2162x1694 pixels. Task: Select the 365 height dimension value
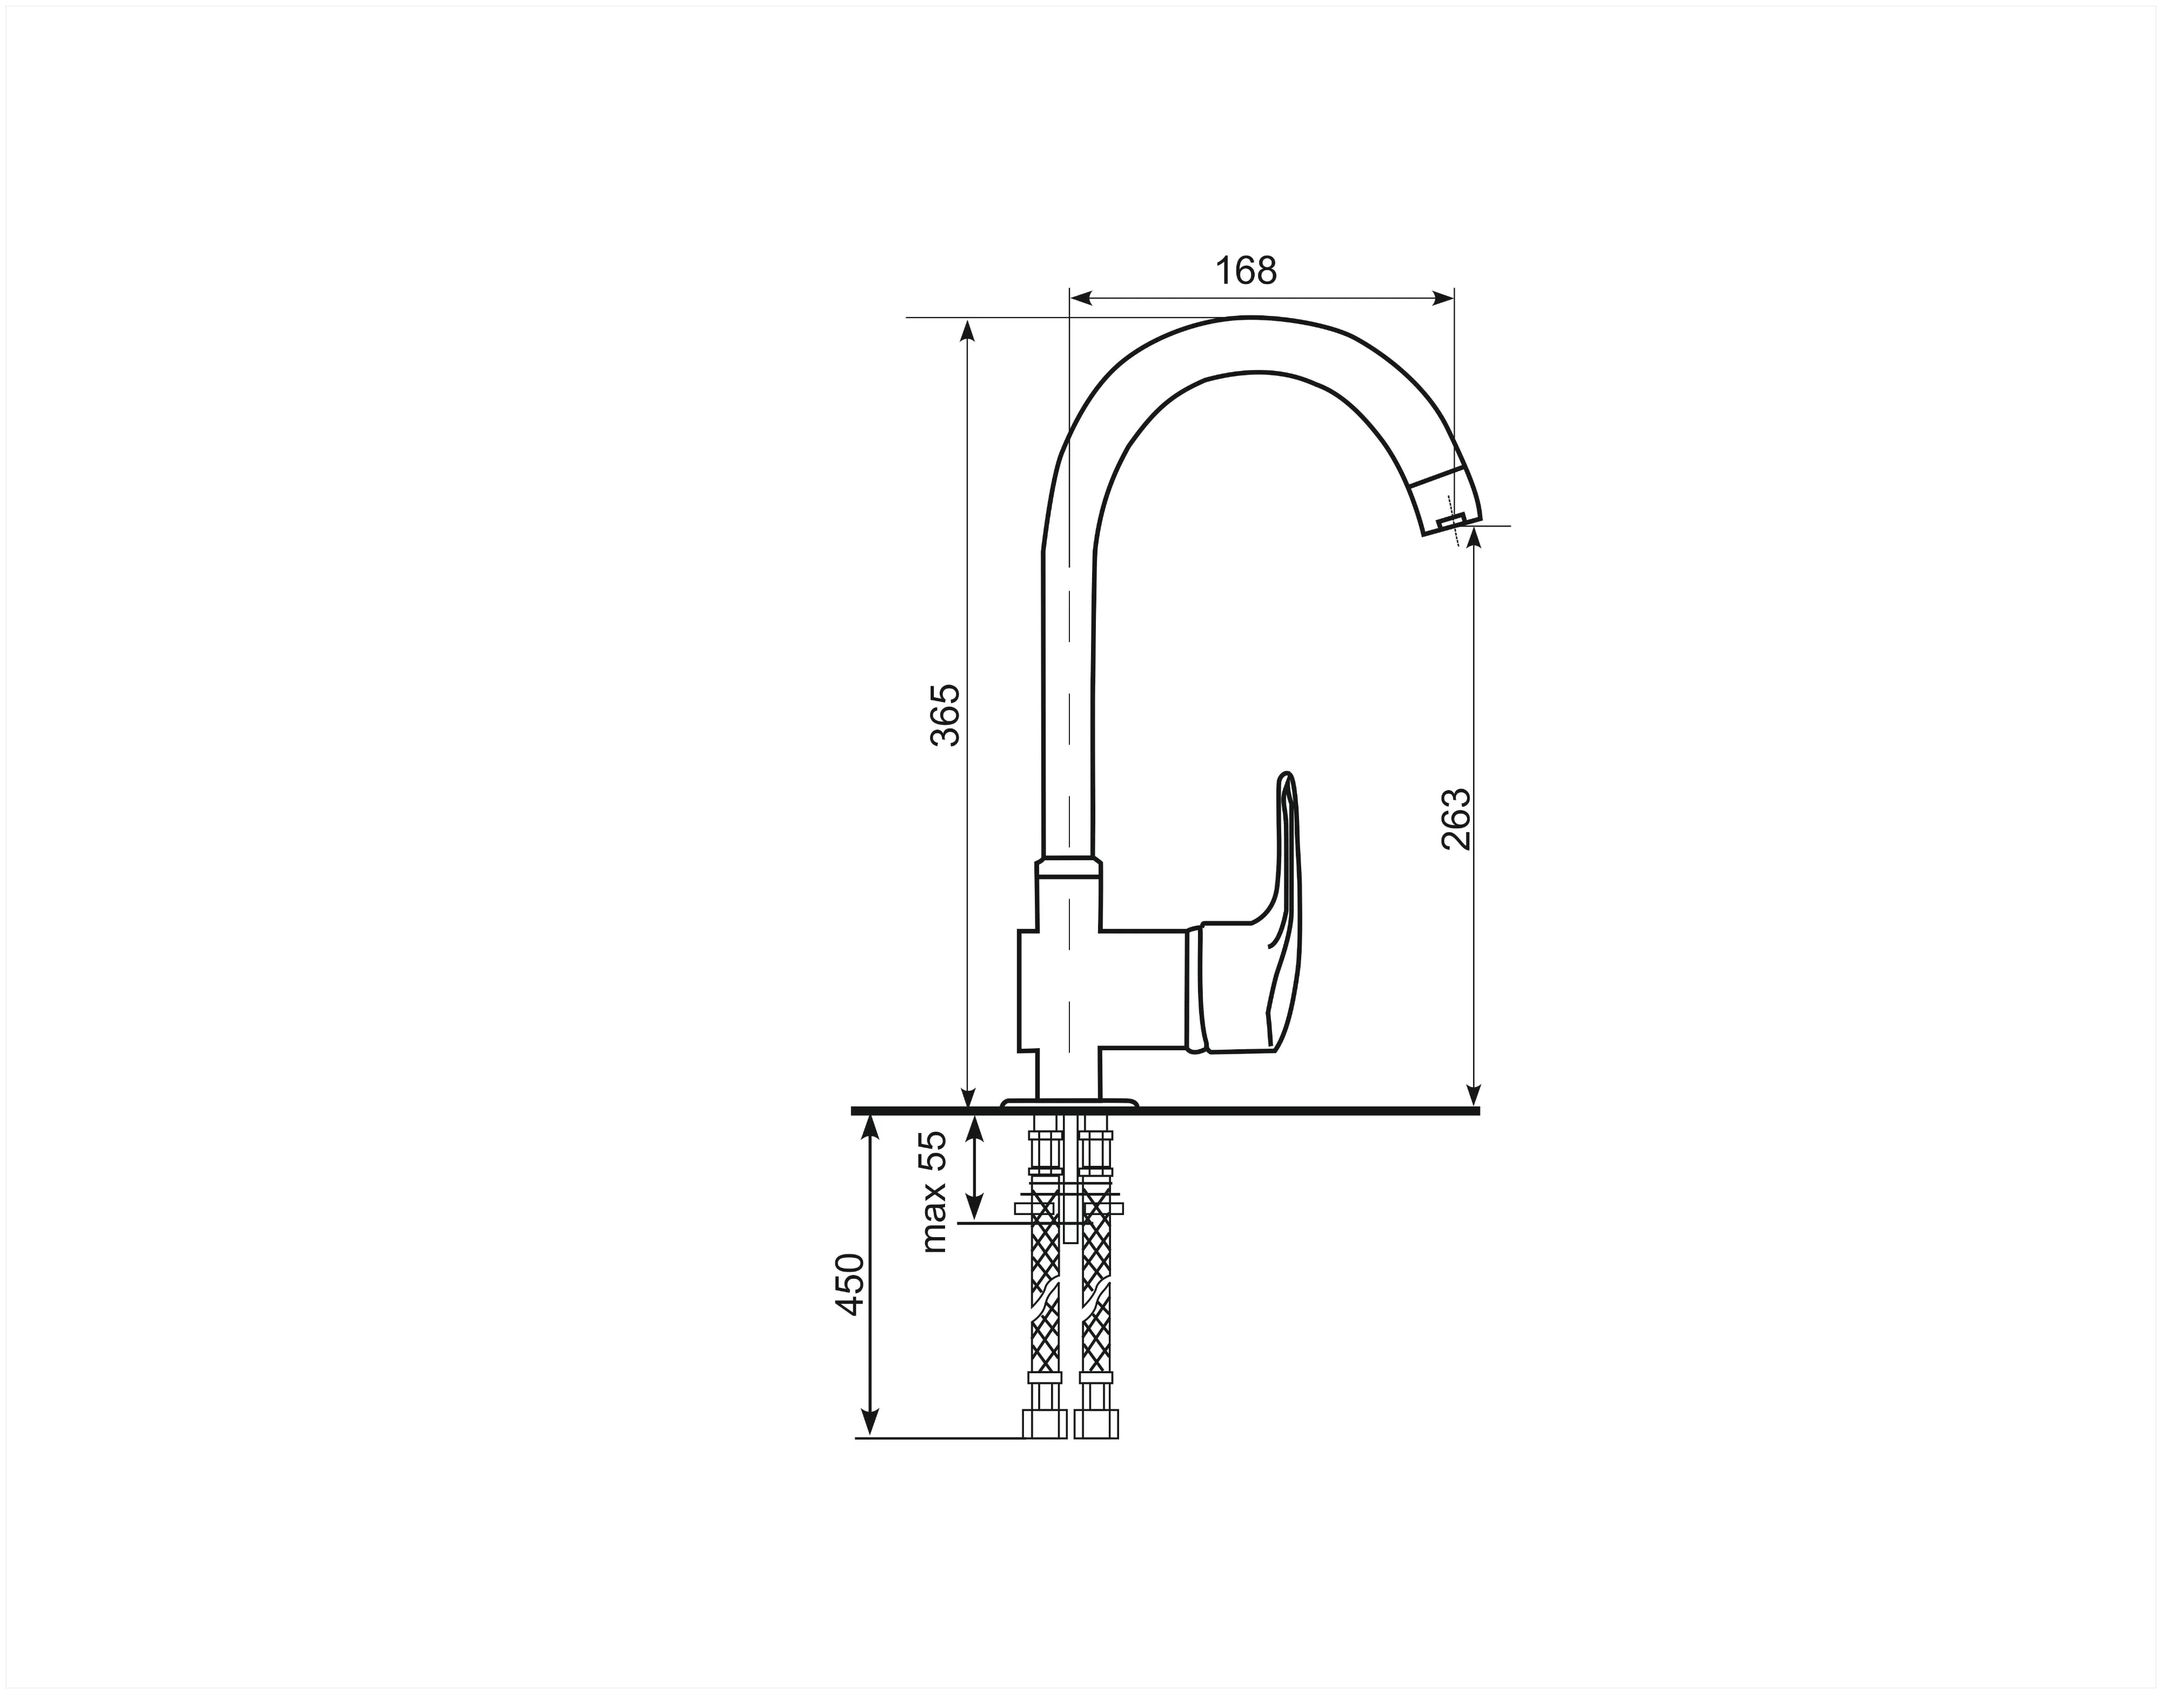pos(946,714)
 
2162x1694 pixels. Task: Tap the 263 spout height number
pos(1456,819)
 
